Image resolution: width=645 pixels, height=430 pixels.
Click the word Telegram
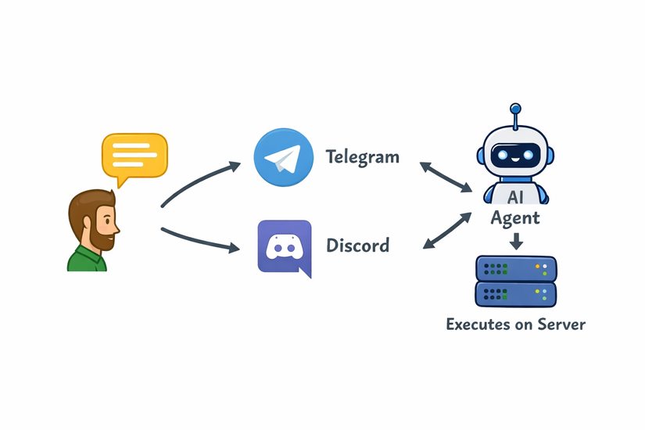(362, 157)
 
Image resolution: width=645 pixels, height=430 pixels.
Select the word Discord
(357, 246)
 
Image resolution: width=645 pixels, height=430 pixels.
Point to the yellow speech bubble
(134, 156)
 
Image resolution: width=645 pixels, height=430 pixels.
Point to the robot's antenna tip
(516, 108)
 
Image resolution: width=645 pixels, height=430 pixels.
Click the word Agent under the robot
(515, 218)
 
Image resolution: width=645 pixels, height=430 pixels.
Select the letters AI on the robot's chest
(516, 195)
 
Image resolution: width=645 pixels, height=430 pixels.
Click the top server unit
(516, 269)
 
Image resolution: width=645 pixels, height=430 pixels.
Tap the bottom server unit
(516, 295)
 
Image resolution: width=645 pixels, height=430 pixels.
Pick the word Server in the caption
(560, 324)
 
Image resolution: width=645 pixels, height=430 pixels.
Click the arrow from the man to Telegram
(199, 181)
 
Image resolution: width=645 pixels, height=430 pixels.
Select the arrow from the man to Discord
(199, 239)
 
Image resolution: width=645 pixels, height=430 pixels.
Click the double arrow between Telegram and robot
(446, 177)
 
